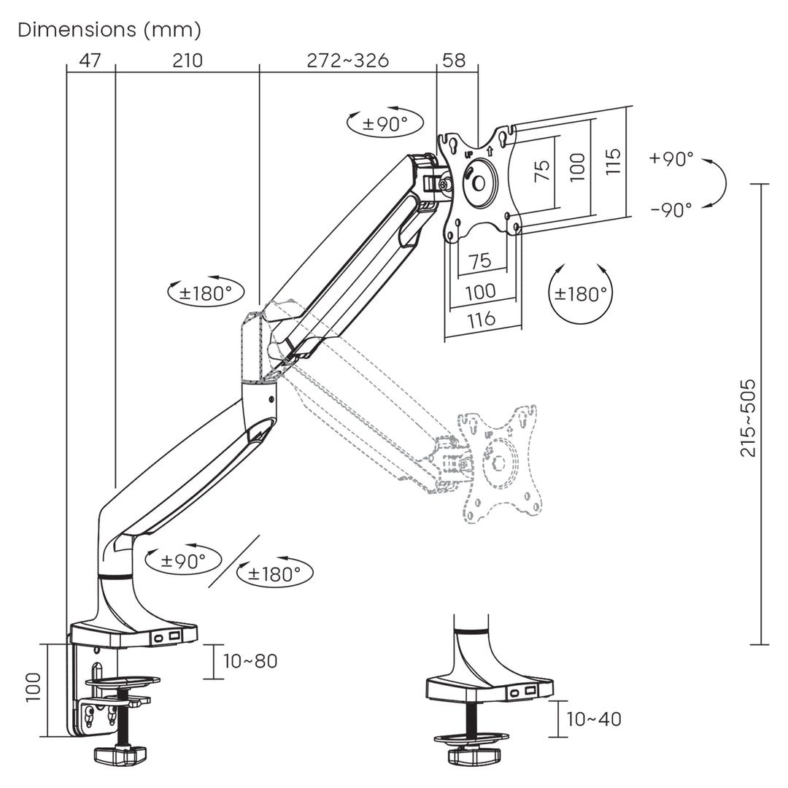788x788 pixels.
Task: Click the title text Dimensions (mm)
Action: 109,30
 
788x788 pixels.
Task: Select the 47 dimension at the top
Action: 90,61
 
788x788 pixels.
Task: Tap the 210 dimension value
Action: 188,61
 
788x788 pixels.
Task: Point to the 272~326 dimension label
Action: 347,61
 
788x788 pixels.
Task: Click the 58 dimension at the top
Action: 454,61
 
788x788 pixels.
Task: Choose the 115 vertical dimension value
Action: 613,161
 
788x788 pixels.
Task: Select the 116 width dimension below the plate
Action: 481,319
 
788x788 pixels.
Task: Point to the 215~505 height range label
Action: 748,417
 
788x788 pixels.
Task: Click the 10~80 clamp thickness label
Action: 250,661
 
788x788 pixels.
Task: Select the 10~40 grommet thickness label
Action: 594,719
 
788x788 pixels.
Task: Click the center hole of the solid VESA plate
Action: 479,182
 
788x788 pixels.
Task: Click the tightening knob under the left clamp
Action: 120,755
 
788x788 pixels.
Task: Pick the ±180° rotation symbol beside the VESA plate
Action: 581,294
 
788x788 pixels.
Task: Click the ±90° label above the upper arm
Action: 385,123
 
